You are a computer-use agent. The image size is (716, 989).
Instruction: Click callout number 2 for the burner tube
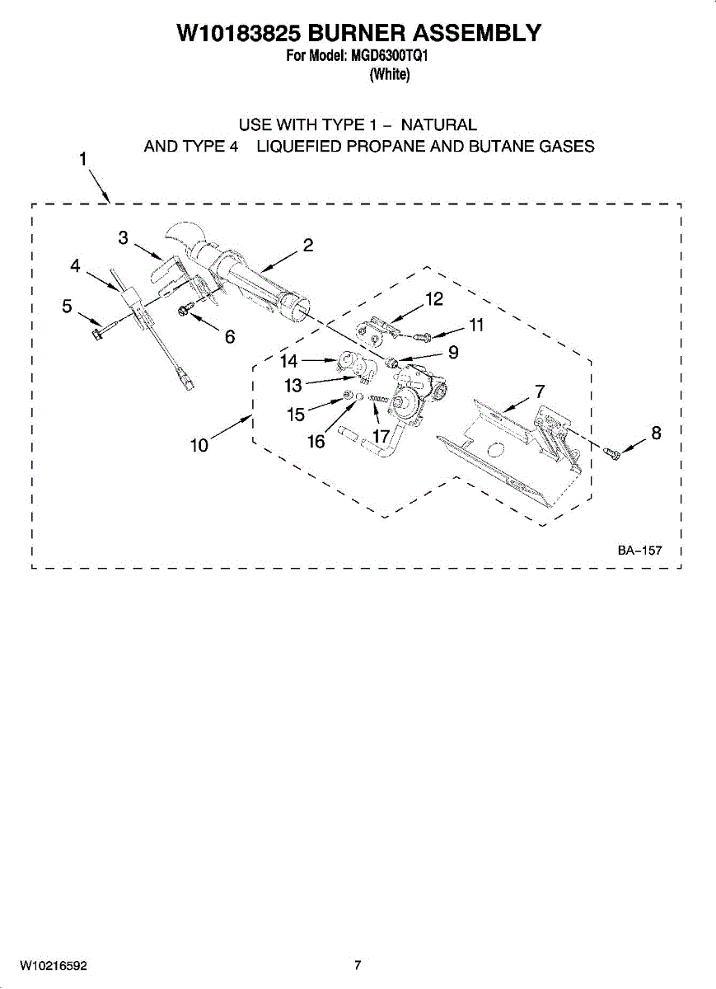[x=307, y=245]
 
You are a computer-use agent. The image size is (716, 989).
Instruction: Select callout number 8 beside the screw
[x=656, y=433]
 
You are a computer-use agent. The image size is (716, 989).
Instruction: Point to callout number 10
[x=199, y=446]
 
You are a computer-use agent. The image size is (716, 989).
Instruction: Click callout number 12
[x=434, y=298]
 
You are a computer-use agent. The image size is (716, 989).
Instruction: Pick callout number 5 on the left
[x=68, y=306]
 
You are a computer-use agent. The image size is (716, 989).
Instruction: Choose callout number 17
[x=381, y=436]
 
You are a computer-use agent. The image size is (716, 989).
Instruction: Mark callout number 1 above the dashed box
[x=83, y=159]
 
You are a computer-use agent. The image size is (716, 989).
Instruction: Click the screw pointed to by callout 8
[x=612, y=453]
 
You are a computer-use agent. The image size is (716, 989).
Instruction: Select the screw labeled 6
[x=185, y=310]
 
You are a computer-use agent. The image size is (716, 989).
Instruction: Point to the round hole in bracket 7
[x=494, y=449]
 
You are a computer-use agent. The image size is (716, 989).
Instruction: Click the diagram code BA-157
[x=639, y=551]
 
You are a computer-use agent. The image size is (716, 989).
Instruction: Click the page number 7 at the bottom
[x=358, y=965]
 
